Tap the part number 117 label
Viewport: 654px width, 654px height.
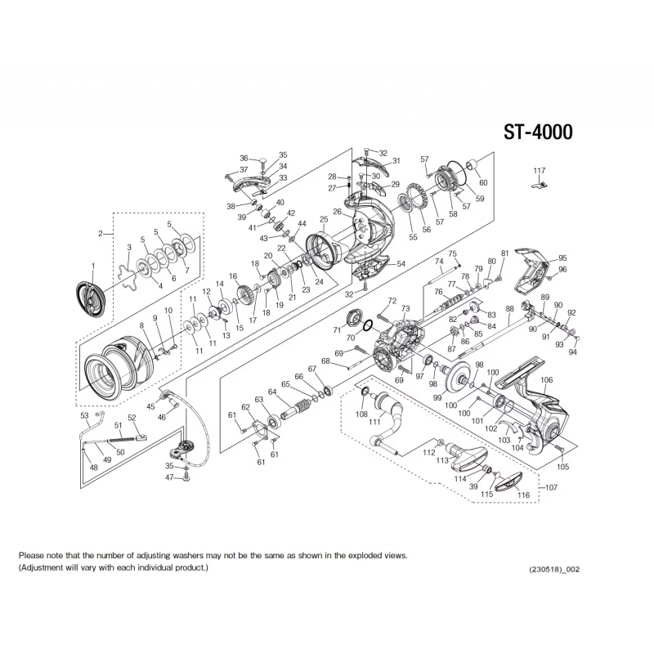click(x=539, y=171)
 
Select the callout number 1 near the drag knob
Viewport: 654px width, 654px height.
click(x=92, y=265)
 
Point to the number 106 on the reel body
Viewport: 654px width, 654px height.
click(x=547, y=380)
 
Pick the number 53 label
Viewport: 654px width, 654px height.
click(x=83, y=416)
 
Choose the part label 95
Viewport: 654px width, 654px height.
click(x=562, y=258)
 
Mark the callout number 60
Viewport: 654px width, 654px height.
click(x=482, y=182)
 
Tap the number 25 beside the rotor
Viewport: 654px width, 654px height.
click(x=324, y=219)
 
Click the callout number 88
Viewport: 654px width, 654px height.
click(x=509, y=309)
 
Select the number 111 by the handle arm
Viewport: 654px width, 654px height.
click(x=375, y=421)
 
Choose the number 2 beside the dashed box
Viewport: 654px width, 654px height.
click(x=101, y=234)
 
